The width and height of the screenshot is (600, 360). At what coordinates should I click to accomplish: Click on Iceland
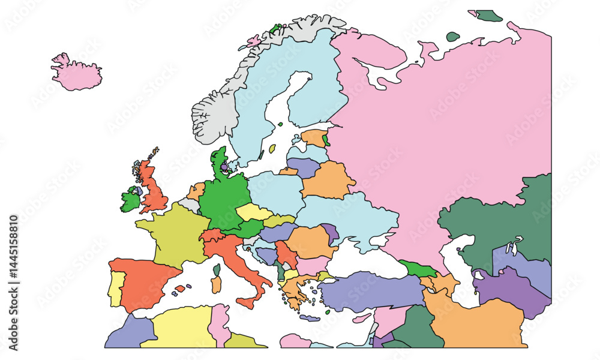[x=76, y=74]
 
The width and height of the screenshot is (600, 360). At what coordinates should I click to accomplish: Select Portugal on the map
[x=116, y=288]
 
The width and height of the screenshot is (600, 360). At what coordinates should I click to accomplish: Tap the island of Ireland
[x=129, y=200]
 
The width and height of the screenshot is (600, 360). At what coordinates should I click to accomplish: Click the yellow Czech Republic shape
[x=253, y=212]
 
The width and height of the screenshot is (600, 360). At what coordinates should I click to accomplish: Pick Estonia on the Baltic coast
[x=313, y=138]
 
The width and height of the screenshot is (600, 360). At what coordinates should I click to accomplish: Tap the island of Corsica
[x=217, y=269]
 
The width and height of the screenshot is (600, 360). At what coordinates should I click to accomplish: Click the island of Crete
[x=310, y=318]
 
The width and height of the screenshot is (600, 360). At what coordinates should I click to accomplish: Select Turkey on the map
[x=372, y=291]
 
